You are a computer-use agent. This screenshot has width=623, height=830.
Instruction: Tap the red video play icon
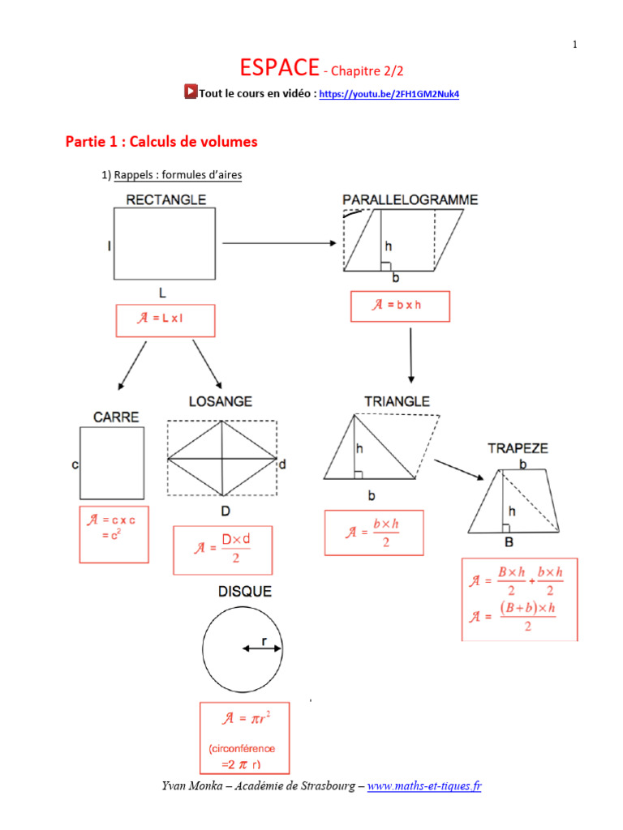[191, 92]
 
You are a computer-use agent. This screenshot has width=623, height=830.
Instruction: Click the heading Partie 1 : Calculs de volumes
[161, 142]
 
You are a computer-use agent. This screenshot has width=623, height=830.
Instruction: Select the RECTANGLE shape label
[165, 199]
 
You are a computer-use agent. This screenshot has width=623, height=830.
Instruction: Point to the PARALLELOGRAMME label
[410, 199]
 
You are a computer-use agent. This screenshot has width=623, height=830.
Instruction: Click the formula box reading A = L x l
[165, 319]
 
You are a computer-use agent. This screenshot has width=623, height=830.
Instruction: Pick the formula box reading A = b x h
[399, 306]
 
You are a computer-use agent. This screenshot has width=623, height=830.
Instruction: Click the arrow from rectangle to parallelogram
[279, 242]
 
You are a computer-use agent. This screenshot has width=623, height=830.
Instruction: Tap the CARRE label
[116, 417]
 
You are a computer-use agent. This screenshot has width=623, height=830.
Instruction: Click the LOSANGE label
[220, 401]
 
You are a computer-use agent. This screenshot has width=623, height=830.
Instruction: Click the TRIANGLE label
[397, 401]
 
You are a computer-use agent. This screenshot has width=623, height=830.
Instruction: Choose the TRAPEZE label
[518, 447]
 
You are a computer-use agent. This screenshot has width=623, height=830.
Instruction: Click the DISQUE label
[244, 592]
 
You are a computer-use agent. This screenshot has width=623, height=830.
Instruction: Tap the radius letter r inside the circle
[264, 641]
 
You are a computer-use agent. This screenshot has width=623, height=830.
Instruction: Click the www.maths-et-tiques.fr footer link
[424, 785]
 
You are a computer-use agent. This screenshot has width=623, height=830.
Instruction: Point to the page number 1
[574, 45]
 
